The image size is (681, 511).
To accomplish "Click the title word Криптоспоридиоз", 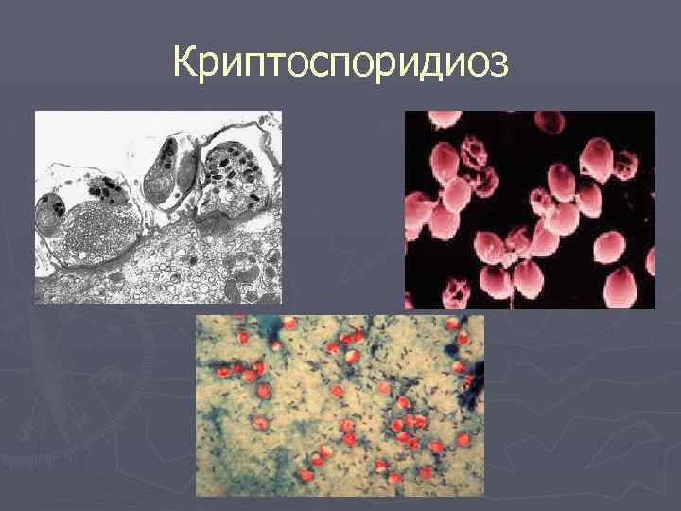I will (340, 63).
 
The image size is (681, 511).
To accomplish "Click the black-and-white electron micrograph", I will (158, 207).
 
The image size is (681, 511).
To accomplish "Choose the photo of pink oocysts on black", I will (529, 209).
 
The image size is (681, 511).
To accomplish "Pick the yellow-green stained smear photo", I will (340, 406).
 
